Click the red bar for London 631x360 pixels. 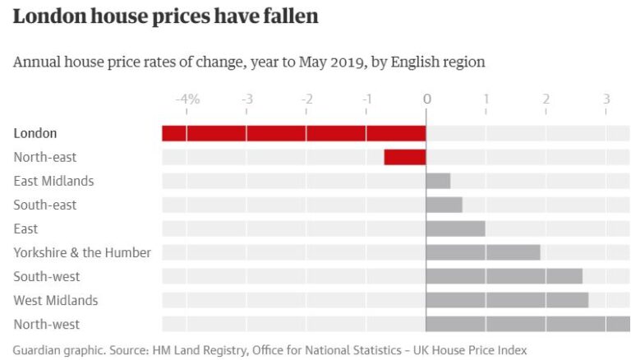(x=293, y=133)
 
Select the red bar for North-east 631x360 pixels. (x=405, y=157)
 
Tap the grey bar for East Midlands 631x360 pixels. (x=438, y=181)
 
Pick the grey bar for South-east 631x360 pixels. (x=444, y=205)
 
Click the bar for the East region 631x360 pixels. (x=455, y=228)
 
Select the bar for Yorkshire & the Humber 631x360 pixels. (x=482, y=252)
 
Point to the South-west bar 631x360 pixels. (x=504, y=276)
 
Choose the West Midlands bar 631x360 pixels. (x=507, y=300)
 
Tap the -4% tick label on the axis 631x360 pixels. (x=187, y=99)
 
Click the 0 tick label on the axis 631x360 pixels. (x=426, y=99)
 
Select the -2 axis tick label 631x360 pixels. (x=306, y=99)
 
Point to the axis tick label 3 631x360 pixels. (x=606, y=99)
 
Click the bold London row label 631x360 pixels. (x=35, y=133)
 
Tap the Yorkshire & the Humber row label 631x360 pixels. (x=82, y=252)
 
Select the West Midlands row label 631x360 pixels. (x=55, y=300)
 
